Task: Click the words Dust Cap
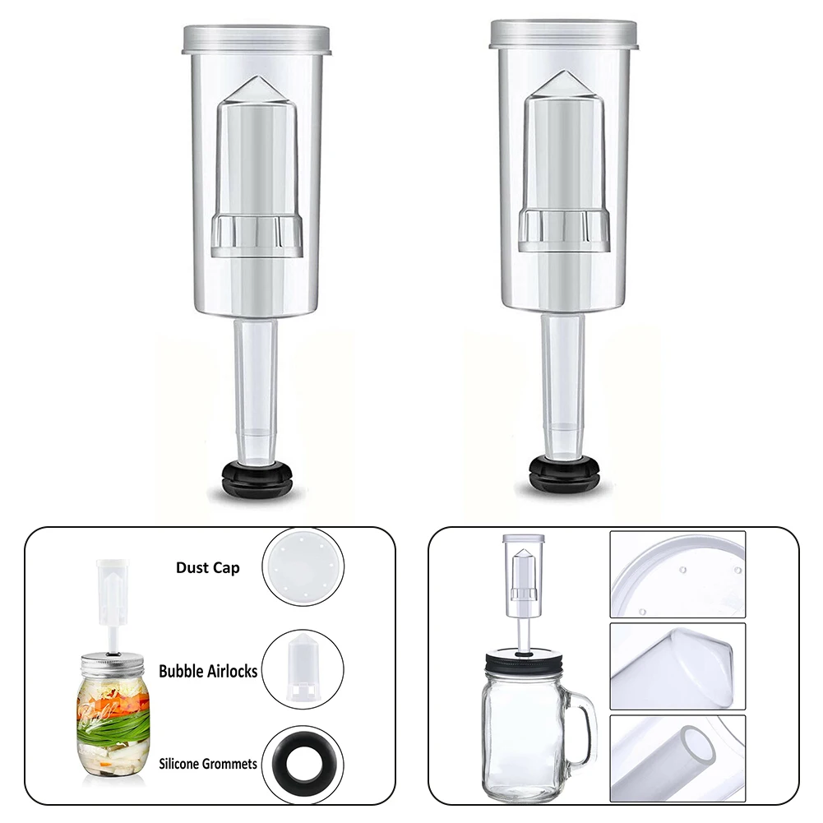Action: click(x=207, y=567)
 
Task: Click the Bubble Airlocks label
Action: click(x=209, y=671)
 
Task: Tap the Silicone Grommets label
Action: click(x=208, y=764)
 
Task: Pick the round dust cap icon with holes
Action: click(x=302, y=568)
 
